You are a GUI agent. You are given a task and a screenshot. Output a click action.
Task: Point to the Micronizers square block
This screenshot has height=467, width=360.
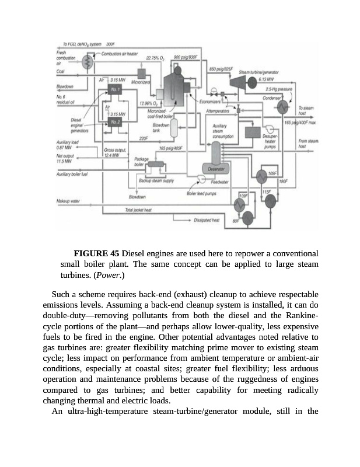pyautogui.click(x=141, y=72)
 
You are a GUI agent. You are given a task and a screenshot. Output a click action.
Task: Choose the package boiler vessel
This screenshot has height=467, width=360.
pyautogui.click(x=156, y=165)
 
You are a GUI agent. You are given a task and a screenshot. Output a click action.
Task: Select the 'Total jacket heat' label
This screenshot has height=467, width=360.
pyautogui.click(x=138, y=210)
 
